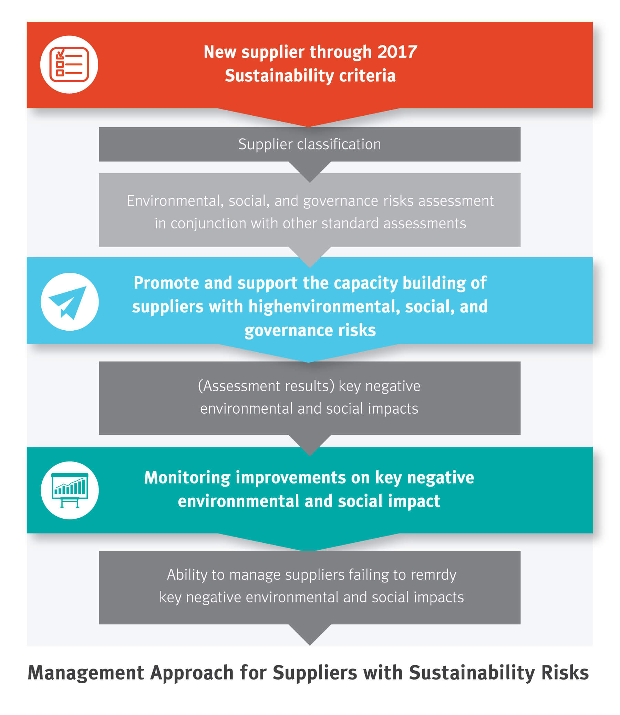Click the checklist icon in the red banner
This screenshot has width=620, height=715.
pos(69,65)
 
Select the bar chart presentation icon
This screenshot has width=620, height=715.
pos(70,490)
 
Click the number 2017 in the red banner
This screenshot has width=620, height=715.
pos(397,52)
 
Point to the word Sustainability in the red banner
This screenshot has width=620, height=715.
pos(279,76)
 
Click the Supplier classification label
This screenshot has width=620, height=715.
pos(310,144)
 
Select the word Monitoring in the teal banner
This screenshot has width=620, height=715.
pos(187,478)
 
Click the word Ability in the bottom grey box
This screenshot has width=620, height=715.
pos(187,575)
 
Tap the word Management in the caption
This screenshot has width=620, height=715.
pos(86,673)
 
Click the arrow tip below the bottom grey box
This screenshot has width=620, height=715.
pos(310,645)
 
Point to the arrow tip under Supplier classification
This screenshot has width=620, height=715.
pos(310,182)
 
